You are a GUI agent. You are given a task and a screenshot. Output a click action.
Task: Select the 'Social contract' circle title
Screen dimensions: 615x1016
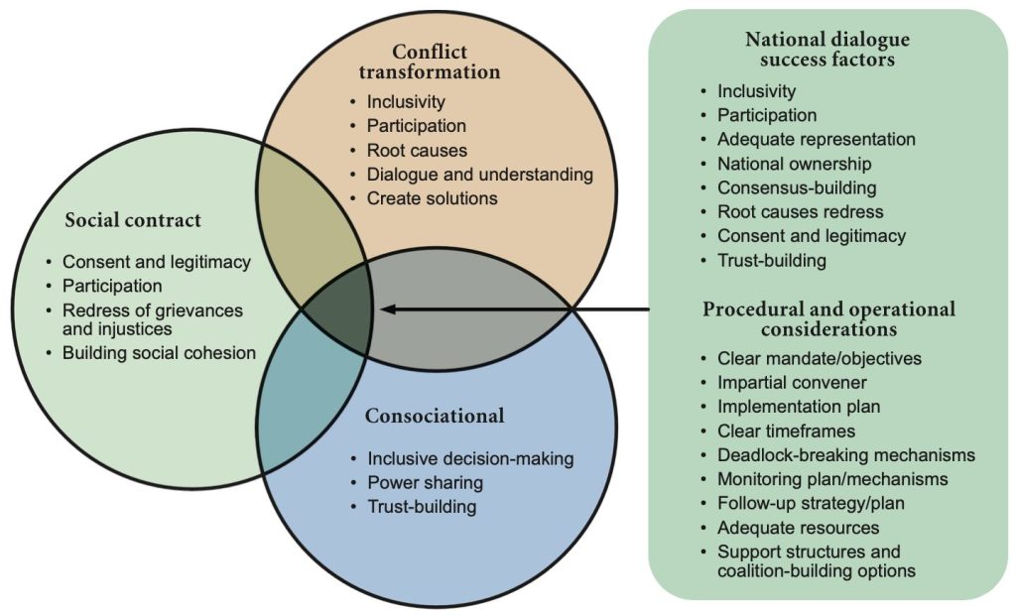click(x=132, y=219)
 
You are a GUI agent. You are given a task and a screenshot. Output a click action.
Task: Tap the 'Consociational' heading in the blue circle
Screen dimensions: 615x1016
click(x=435, y=416)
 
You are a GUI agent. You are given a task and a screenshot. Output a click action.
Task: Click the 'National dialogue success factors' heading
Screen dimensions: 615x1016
click(x=826, y=50)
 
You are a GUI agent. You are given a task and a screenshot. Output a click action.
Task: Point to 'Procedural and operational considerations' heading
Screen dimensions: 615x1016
click(x=828, y=318)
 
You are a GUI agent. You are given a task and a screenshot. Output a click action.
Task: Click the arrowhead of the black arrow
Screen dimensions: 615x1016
click(x=388, y=309)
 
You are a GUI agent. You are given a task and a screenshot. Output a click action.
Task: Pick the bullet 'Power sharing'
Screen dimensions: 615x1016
click(x=425, y=483)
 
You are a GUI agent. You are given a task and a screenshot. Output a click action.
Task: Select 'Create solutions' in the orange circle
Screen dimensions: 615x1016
click(x=432, y=198)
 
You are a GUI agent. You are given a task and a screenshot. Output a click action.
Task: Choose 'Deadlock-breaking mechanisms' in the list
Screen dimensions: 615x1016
click(x=845, y=455)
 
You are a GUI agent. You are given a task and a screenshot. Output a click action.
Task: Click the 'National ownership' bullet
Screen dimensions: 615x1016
click(x=795, y=164)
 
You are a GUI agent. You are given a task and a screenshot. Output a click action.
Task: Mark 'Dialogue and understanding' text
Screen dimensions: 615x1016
click(x=479, y=175)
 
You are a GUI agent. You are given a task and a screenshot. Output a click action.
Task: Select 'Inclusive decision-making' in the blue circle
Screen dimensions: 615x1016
click(x=470, y=459)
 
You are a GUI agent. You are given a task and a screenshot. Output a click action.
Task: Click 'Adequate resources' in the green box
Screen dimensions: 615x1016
click(x=798, y=528)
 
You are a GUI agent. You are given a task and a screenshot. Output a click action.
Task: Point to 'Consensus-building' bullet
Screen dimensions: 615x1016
click(x=797, y=187)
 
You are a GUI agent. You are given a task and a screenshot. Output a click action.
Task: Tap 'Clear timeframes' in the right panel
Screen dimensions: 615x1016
click(x=786, y=431)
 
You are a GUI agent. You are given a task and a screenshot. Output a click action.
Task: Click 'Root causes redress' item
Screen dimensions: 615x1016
click(x=800, y=211)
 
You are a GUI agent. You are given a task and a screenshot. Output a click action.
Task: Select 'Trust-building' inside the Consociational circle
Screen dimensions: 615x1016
click(x=422, y=507)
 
